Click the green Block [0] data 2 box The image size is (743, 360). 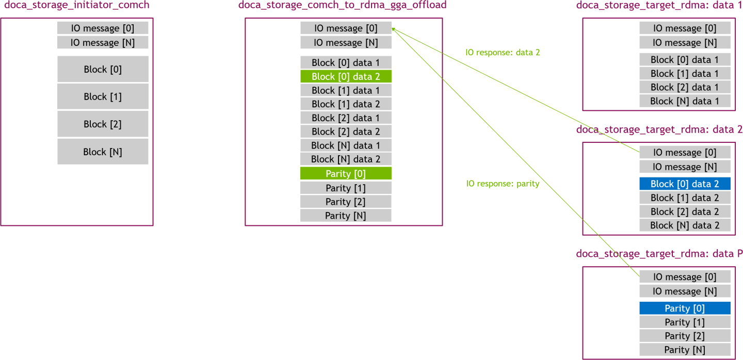(346, 76)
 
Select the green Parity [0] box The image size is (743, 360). (346, 174)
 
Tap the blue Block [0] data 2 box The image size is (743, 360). (685, 184)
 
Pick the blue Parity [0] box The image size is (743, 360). (685, 308)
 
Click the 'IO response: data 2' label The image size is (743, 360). (503, 52)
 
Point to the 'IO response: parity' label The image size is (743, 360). (503, 184)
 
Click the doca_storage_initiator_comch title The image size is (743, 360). (76, 6)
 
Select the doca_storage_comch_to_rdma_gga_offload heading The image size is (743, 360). (342, 6)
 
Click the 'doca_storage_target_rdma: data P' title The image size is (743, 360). (659, 254)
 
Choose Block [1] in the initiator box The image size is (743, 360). (103, 96)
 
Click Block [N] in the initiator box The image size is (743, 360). (103, 152)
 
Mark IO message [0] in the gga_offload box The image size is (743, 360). (346, 28)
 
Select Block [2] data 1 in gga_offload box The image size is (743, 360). (346, 118)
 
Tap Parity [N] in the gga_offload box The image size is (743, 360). (346, 216)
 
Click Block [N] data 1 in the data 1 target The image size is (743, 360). (685, 101)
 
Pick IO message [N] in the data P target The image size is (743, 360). (685, 291)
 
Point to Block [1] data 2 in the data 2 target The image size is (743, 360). (685, 198)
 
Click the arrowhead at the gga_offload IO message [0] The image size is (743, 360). (393, 28)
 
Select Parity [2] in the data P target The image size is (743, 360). (685, 336)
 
